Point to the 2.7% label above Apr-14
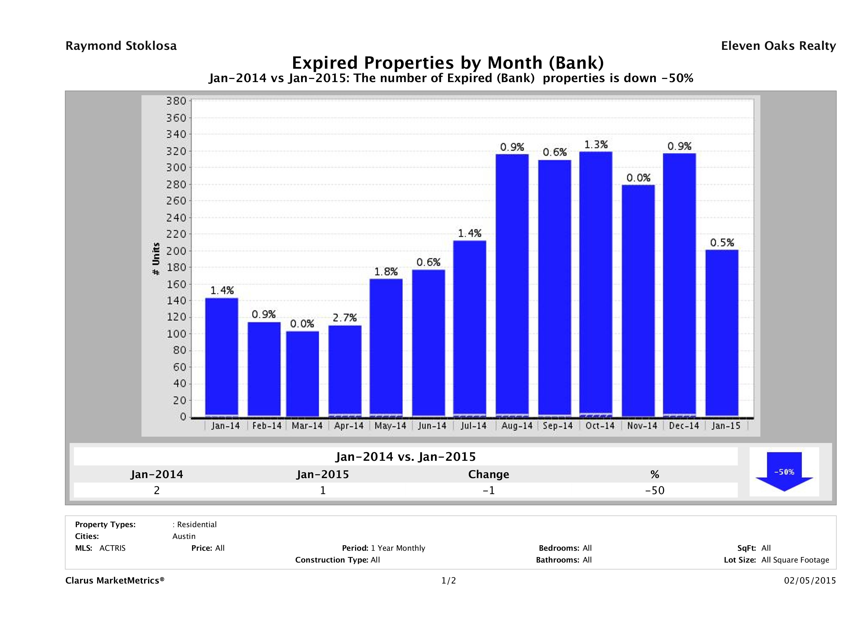(345, 318)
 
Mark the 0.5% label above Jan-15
(722, 243)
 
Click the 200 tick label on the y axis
(176, 251)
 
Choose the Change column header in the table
(489, 474)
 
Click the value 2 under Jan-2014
(157, 490)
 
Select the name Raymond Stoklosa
(121, 46)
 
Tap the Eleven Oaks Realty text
(778, 46)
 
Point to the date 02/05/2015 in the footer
(810, 580)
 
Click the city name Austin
(184, 536)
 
